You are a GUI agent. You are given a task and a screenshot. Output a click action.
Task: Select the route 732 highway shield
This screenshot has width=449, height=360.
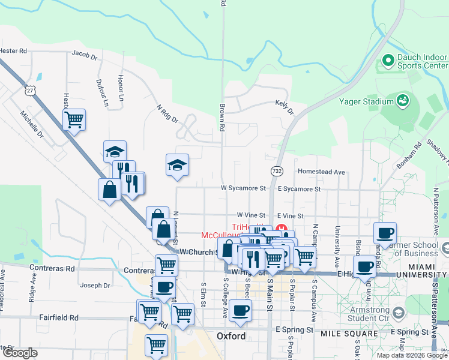point(277,171)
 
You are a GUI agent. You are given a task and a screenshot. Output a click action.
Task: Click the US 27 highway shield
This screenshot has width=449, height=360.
point(31,91)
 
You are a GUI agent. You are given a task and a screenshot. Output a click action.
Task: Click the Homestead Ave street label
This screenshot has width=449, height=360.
point(322,172)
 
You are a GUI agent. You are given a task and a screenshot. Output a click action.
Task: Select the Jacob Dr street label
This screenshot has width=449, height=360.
point(85,56)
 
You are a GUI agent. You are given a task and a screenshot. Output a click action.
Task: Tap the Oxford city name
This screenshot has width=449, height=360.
point(231,336)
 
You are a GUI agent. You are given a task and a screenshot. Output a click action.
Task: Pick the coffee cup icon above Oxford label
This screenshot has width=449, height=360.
point(240,310)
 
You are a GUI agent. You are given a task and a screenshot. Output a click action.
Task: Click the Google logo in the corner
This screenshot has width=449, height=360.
point(20,353)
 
